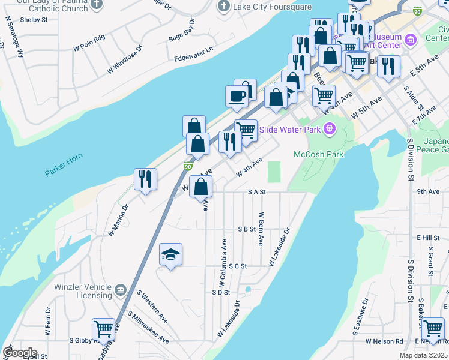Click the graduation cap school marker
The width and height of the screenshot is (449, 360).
pyautogui.click(x=170, y=256)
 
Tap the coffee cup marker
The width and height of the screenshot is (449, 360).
pyautogui.click(x=237, y=97)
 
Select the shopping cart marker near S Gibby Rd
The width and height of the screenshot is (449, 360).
pyautogui.click(x=103, y=329)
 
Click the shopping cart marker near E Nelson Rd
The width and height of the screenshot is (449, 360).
pyautogui.click(x=433, y=329)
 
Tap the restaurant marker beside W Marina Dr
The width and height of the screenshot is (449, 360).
pyautogui.click(x=145, y=179)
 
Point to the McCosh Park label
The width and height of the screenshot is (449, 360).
pyautogui.click(x=318, y=154)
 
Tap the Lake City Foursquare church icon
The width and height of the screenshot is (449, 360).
pyautogui.click(x=224, y=7)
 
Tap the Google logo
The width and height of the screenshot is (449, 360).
pyautogui.click(x=20, y=352)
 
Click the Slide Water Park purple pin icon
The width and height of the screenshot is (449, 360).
pyautogui.click(x=329, y=128)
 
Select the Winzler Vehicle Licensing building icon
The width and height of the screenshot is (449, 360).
pyautogui.click(x=121, y=291)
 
